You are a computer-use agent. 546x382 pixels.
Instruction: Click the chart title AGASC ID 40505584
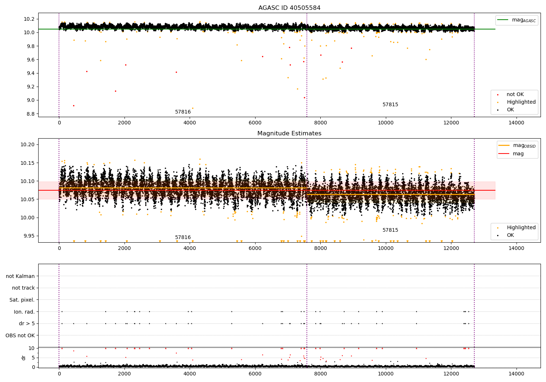pos(289,8)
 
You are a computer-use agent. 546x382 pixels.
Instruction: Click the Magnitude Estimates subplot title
pos(289,134)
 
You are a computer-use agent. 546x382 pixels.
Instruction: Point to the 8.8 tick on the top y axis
pos(30,114)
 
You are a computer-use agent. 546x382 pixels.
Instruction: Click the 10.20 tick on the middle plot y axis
pos(28,144)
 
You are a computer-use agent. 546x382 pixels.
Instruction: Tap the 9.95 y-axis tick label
pos(28,236)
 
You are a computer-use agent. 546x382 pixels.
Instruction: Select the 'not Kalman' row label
pos(20,276)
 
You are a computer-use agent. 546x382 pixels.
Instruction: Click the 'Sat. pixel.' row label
pos(22,300)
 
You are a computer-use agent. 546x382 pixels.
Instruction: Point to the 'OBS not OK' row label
pos(20,335)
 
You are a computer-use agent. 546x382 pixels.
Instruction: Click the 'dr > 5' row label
pos(27,323)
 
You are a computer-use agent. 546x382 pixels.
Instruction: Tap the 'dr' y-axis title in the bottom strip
pos(24,358)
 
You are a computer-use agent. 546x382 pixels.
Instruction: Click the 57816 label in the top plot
pos(183,112)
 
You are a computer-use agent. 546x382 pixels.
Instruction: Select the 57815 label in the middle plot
pos(390,230)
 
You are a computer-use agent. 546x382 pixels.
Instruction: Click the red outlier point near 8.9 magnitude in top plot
pos(74,106)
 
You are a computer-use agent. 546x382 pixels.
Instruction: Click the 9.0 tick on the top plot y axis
pos(30,100)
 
